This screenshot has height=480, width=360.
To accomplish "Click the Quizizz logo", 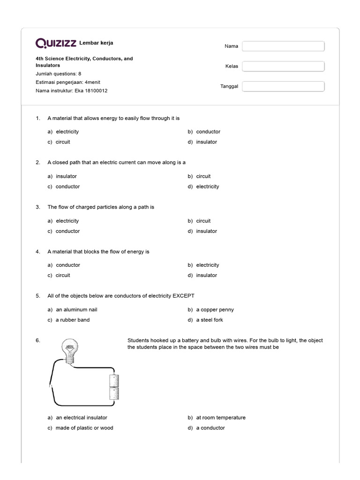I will click(56, 44).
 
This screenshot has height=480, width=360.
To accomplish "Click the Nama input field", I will click(283, 46).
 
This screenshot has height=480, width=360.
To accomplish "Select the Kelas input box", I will click(283, 66).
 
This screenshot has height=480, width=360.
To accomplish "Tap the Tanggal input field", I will click(283, 86).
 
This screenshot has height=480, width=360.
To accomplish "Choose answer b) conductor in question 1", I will click(208, 132).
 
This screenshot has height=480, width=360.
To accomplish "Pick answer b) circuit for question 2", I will click(203, 176).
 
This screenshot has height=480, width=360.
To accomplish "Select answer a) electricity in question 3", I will click(67, 221).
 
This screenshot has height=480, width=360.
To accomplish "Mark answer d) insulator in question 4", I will click(206, 276).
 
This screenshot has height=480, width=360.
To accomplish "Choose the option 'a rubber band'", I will click(72, 320).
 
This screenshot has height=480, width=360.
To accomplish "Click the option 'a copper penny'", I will click(215, 310).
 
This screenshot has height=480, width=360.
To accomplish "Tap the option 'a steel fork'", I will click(209, 320).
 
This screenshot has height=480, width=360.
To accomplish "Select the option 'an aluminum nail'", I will click(76, 310).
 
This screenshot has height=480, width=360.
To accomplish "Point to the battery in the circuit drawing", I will click(114, 387).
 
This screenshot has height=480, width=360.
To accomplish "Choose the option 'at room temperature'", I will click(220, 418).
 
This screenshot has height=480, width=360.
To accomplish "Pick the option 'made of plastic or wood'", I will click(84, 428).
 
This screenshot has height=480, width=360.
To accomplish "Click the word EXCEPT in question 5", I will click(183, 296).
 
